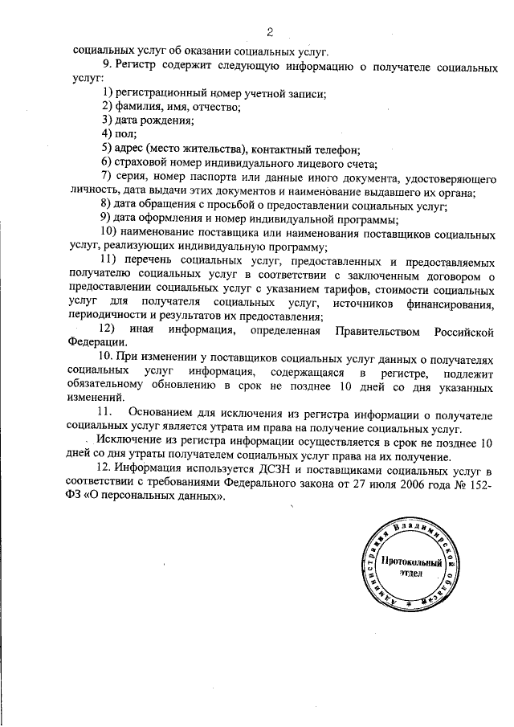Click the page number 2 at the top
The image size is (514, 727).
click(271, 32)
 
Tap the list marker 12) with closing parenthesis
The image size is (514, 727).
click(104, 331)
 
